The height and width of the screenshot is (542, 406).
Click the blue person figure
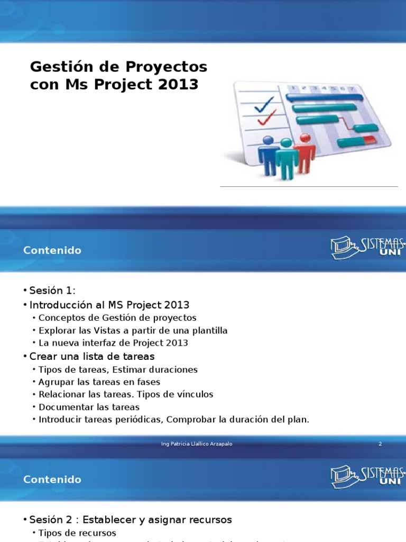click(267, 155)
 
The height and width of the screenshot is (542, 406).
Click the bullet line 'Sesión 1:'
click(53, 291)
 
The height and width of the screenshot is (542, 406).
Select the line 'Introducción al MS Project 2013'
click(109, 305)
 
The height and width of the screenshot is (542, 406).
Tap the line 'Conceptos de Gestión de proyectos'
click(117, 318)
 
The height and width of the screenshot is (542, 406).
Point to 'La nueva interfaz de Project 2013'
click(113, 342)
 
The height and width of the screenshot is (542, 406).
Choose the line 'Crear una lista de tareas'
click(92, 356)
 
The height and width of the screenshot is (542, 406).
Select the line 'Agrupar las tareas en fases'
click(99, 382)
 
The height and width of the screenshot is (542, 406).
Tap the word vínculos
click(195, 394)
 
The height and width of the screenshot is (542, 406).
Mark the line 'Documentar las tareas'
click(89, 407)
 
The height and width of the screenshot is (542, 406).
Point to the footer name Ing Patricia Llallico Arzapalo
click(197, 444)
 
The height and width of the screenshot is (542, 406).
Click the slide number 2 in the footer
click(380, 444)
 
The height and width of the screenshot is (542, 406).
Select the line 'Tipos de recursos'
click(77, 532)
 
